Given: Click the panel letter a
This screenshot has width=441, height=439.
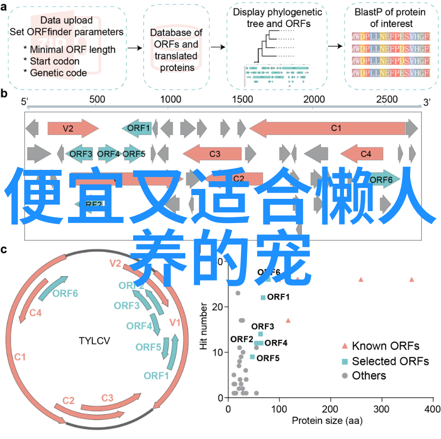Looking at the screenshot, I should point(4,6).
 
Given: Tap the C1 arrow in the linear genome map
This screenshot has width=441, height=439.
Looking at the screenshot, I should point(333,128).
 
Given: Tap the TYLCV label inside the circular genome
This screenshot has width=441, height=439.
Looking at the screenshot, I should point(95,340).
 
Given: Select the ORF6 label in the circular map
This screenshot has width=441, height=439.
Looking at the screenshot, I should point(65,293).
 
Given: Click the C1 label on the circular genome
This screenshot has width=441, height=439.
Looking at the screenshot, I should point(19,357).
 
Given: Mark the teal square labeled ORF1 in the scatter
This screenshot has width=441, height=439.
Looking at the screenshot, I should point(263,298).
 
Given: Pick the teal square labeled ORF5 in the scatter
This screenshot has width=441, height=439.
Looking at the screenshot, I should point(252,357).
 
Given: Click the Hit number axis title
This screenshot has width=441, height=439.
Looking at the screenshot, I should point(204,328).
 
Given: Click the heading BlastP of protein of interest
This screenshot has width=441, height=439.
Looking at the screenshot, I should point(391,18).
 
